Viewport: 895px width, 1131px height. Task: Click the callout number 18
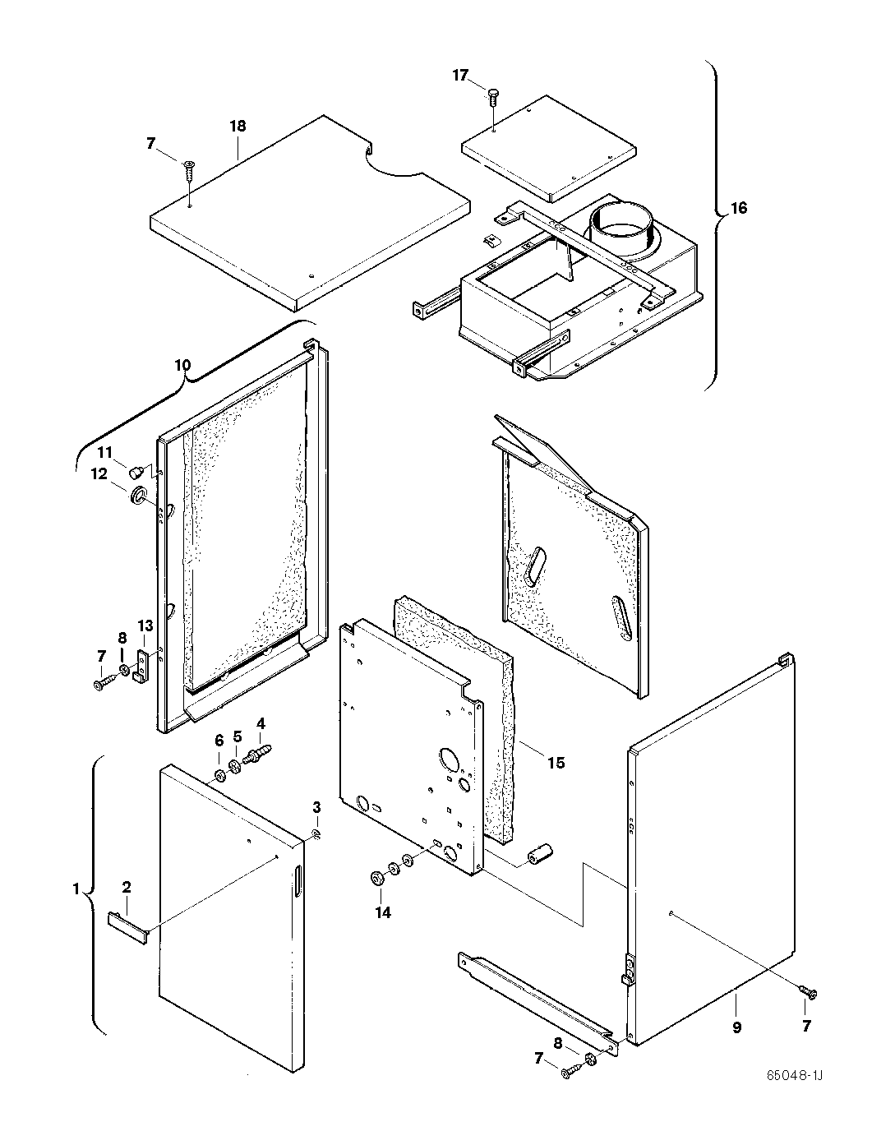point(238,127)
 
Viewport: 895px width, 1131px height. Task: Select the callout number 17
point(460,76)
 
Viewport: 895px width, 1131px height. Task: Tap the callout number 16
point(738,208)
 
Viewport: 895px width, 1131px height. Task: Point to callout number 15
point(556,763)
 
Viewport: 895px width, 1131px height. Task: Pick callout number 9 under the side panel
point(736,1027)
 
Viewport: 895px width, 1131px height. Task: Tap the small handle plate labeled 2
point(127,926)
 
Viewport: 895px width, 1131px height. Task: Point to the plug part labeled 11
point(136,471)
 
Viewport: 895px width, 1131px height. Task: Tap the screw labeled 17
point(491,96)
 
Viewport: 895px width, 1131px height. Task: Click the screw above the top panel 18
point(188,169)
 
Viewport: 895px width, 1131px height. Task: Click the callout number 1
point(76,889)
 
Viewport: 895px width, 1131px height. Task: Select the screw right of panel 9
point(810,993)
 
